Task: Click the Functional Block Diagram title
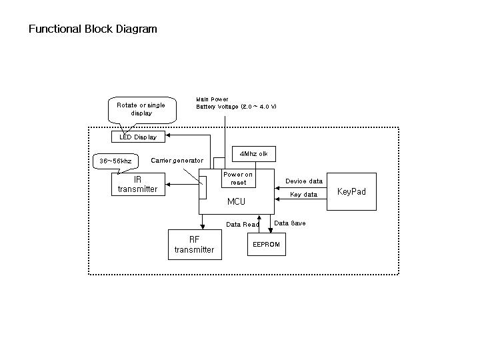tap(93, 29)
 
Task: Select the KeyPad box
tap(351, 191)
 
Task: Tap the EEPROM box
tap(266, 245)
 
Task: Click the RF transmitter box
tap(194, 245)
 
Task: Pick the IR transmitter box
tap(137, 184)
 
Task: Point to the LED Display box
tap(138, 137)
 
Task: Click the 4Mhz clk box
tap(253, 154)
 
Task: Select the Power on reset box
tap(238, 179)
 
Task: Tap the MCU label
tap(237, 201)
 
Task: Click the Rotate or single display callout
tap(141, 109)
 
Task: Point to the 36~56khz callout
tap(115, 161)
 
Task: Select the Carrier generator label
tap(177, 161)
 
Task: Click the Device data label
tap(304, 181)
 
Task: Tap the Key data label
tap(304, 195)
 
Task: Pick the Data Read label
tap(243, 225)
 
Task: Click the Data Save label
tap(290, 223)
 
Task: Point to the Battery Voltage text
tap(236, 107)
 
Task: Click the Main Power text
tap(212, 99)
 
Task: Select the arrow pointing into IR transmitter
tap(169, 185)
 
